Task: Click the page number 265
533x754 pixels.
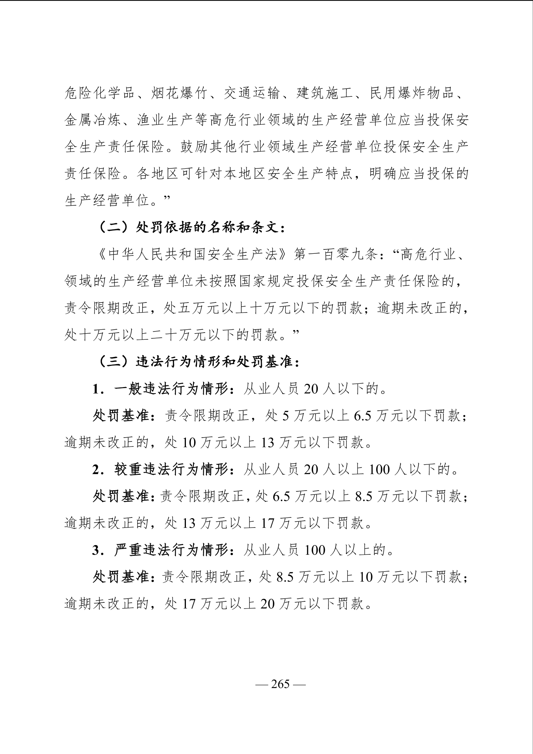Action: pos(280,684)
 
